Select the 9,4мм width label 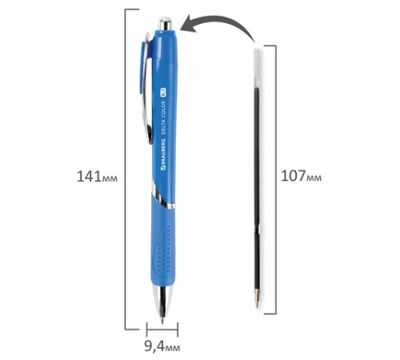pyautogui.click(x=162, y=347)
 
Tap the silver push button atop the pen pyautogui.click(x=165, y=23)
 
